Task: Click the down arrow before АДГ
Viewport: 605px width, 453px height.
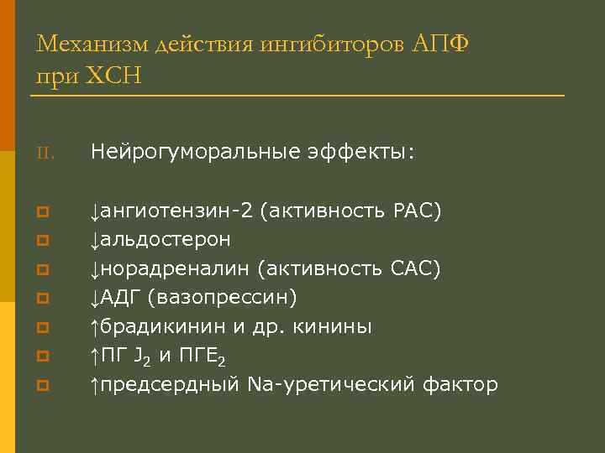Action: click(95, 298)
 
